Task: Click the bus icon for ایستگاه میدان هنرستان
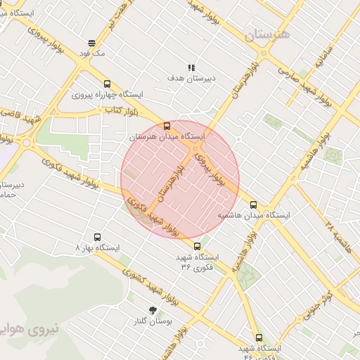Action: click(x=167, y=126)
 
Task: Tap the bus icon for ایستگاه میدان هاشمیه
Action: click(x=253, y=205)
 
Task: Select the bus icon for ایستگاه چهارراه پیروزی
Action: click(x=107, y=84)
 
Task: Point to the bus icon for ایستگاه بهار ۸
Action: click(x=96, y=238)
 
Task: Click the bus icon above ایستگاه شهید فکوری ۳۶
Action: click(x=197, y=246)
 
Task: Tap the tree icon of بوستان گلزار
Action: click(x=153, y=310)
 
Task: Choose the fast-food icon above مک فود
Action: click(x=92, y=42)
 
